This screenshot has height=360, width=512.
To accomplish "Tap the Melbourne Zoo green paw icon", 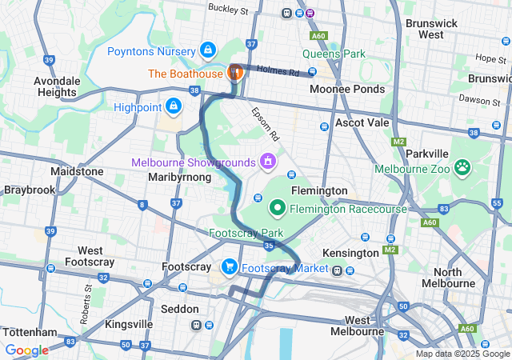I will [462, 168].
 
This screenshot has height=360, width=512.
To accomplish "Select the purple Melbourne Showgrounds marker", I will [267, 162].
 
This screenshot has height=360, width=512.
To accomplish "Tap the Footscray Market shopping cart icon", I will [229, 267].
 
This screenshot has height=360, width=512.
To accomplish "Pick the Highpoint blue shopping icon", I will [173, 106].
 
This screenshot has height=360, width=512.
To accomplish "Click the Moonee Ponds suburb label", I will [346, 89].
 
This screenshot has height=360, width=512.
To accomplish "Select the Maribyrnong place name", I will [180, 177].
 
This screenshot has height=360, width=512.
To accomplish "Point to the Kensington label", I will [349, 253].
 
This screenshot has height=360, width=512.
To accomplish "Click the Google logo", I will [26, 350].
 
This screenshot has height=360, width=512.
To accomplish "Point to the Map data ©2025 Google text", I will [463, 354].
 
